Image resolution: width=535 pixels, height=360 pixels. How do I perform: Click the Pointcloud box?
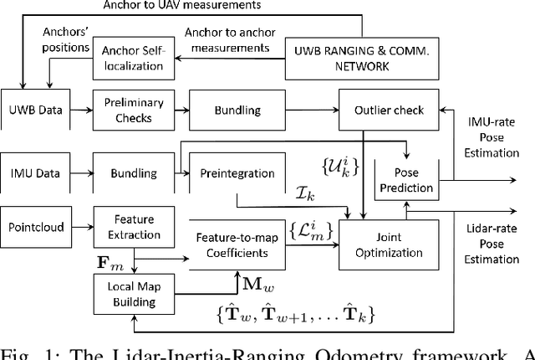coord(37,227)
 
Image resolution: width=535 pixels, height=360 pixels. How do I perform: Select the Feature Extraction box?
coord(128,227)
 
